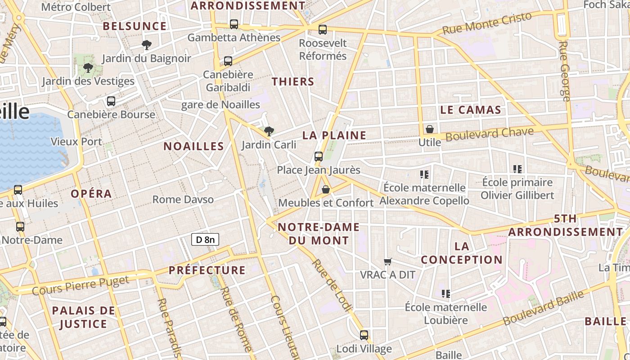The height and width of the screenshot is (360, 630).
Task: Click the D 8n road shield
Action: (205, 239)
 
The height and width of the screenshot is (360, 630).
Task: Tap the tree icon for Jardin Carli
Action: (269, 131)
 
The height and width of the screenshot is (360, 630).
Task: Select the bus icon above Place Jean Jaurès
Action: (319, 157)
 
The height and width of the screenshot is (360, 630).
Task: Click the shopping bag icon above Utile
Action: (430, 129)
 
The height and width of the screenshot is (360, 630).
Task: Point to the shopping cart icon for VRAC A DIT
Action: (387, 261)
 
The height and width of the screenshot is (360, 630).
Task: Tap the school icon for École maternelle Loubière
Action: (446, 294)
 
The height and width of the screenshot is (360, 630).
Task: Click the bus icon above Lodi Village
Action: (364, 335)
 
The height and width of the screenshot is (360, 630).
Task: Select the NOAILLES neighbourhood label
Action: (193, 146)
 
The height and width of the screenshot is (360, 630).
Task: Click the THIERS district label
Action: (293, 81)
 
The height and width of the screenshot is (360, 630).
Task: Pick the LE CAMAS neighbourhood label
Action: (471, 110)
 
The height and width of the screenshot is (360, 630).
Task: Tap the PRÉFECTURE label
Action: (207, 270)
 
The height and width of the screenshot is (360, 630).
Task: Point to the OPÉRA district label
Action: (91, 193)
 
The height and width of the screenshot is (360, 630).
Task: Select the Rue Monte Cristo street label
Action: (487, 23)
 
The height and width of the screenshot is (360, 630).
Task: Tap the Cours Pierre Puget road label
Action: (81, 285)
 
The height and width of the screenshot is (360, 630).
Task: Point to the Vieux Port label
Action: (76, 141)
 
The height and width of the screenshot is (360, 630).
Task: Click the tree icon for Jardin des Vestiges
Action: (88, 68)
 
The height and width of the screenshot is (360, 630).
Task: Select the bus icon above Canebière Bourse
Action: (111, 101)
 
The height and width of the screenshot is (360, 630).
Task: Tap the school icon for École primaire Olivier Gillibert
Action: (517, 169)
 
